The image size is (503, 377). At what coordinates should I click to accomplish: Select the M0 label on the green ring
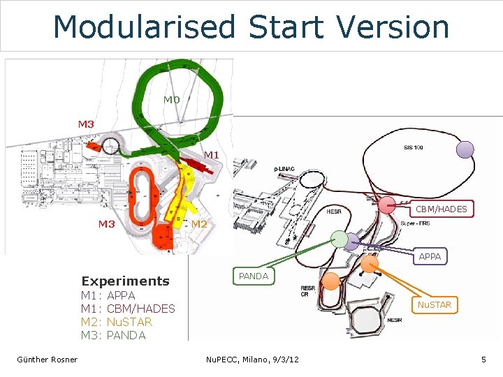pos(172,100)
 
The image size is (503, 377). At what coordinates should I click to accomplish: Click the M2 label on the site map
pos(199,224)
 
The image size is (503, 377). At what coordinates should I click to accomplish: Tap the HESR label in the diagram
pos(333,212)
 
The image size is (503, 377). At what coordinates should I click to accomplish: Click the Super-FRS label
pos(415,223)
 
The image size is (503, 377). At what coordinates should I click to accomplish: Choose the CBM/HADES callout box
pos(441,209)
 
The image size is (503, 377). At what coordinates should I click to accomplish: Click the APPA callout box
pos(430,256)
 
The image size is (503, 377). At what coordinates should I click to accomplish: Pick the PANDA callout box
pos(254,276)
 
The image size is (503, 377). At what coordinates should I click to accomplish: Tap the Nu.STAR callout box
pos(435,305)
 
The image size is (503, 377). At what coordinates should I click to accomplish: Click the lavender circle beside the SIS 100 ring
pos(465,149)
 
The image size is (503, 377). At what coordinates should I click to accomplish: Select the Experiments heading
pos(125,281)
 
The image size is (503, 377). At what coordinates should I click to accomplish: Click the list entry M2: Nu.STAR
pos(117,322)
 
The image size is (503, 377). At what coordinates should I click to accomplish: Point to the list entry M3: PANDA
pos(113,335)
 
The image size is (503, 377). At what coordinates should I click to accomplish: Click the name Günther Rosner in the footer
pos(48,360)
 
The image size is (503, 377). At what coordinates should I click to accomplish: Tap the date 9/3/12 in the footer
pos(283,360)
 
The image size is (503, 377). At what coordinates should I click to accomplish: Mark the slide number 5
pos(483,360)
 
